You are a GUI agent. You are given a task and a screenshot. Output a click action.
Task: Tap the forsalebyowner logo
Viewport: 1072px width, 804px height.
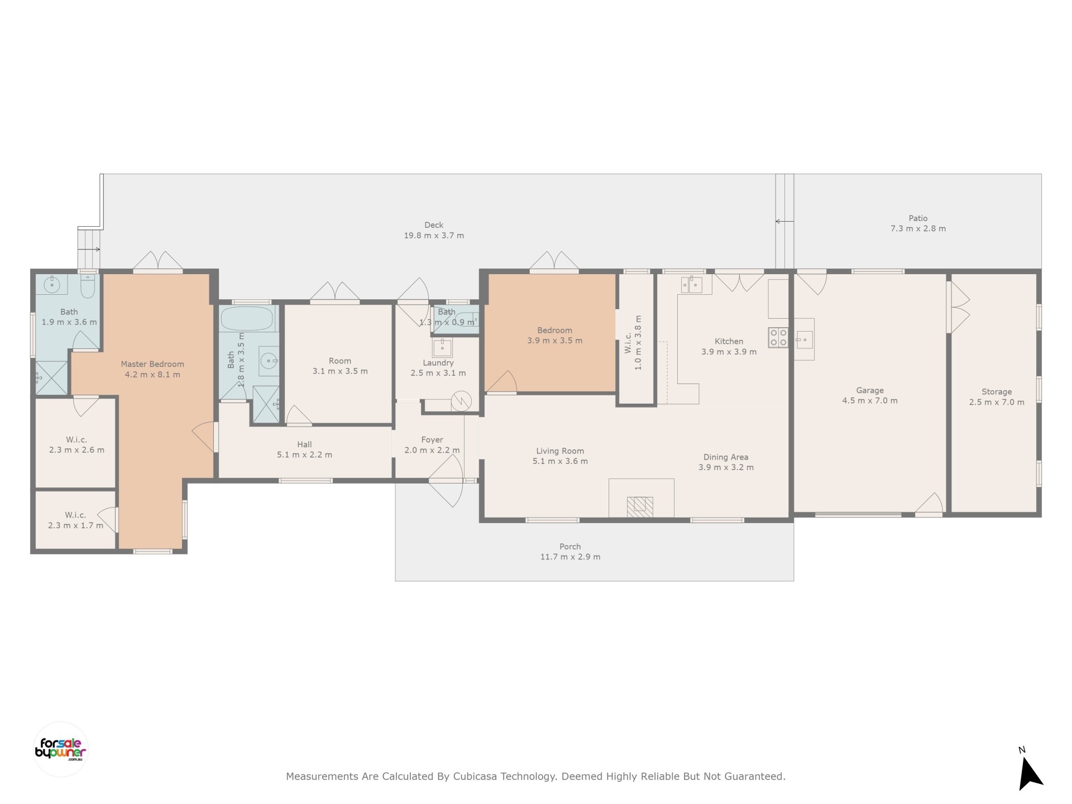click(x=61, y=749)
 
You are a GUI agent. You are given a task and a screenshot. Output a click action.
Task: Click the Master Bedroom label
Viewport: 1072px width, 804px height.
click(x=152, y=364)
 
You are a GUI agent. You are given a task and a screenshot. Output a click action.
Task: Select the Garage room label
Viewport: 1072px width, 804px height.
click(x=870, y=390)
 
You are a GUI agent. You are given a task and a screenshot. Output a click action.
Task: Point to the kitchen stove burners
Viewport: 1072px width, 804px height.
click(x=778, y=337)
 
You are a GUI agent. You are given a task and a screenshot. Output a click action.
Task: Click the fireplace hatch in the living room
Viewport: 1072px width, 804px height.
click(x=640, y=506)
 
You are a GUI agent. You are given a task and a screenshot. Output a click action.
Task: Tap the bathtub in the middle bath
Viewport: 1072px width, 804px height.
click(x=247, y=319)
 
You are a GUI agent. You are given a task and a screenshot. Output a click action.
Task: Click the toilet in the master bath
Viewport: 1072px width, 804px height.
click(x=88, y=285)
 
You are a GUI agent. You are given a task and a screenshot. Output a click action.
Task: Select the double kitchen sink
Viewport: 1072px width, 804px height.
click(x=691, y=285)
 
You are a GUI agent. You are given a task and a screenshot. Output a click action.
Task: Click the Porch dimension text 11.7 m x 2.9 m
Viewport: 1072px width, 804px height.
click(x=570, y=557)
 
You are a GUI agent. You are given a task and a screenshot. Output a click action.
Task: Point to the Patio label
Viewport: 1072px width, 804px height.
click(x=918, y=218)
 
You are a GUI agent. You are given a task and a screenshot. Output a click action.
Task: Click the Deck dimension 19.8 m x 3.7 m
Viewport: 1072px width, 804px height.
click(x=434, y=236)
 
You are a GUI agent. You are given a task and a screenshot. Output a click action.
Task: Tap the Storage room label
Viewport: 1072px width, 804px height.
click(x=997, y=392)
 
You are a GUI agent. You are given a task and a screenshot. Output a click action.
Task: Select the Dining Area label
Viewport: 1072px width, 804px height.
click(x=726, y=457)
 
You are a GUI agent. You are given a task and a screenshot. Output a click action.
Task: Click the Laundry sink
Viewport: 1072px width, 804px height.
click(x=442, y=348)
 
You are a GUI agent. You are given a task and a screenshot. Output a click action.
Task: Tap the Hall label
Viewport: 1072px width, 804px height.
click(x=304, y=444)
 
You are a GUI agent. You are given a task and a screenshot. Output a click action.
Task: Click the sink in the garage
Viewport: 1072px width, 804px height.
click(x=804, y=339)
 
